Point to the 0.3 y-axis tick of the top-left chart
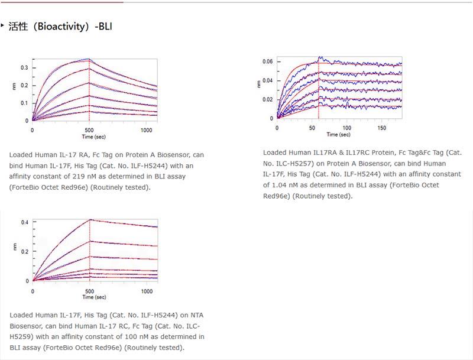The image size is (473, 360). [x=24, y=67]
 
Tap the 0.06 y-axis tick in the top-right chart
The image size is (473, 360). [x=267, y=61]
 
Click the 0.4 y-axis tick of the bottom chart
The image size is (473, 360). [x=24, y=222]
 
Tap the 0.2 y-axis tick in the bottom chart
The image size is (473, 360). [x=24, y=252]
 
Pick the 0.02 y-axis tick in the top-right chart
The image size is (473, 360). [x=267, y=99]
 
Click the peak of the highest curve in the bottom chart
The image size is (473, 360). [x=90, y=219]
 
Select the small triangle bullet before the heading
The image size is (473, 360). [x=2, y=25]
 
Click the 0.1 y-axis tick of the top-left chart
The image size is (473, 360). [x=24, y=103]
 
